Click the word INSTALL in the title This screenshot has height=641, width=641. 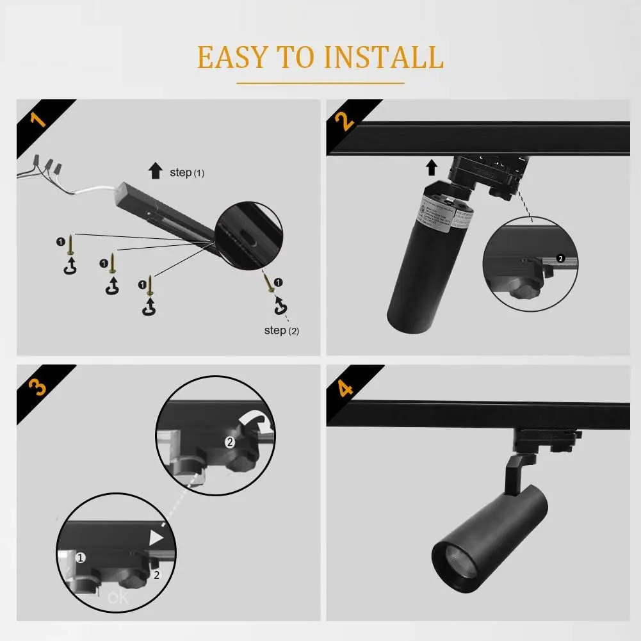pos(384,57)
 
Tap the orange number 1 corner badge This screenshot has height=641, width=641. pos(38,118)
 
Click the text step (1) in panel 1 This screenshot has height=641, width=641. pos(186,173)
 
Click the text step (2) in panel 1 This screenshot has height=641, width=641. pos(281,330)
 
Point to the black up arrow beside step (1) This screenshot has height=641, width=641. pos(155,170)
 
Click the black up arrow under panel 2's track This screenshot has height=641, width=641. pos(432,168)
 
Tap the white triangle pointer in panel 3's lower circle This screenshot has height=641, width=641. pos(156,539)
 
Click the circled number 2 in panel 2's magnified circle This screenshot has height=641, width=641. pos(560,259)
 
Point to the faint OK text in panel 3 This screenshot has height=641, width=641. pos(118,599)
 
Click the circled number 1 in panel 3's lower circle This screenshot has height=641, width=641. pos(81,558)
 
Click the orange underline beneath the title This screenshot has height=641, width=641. pos(320,83)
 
